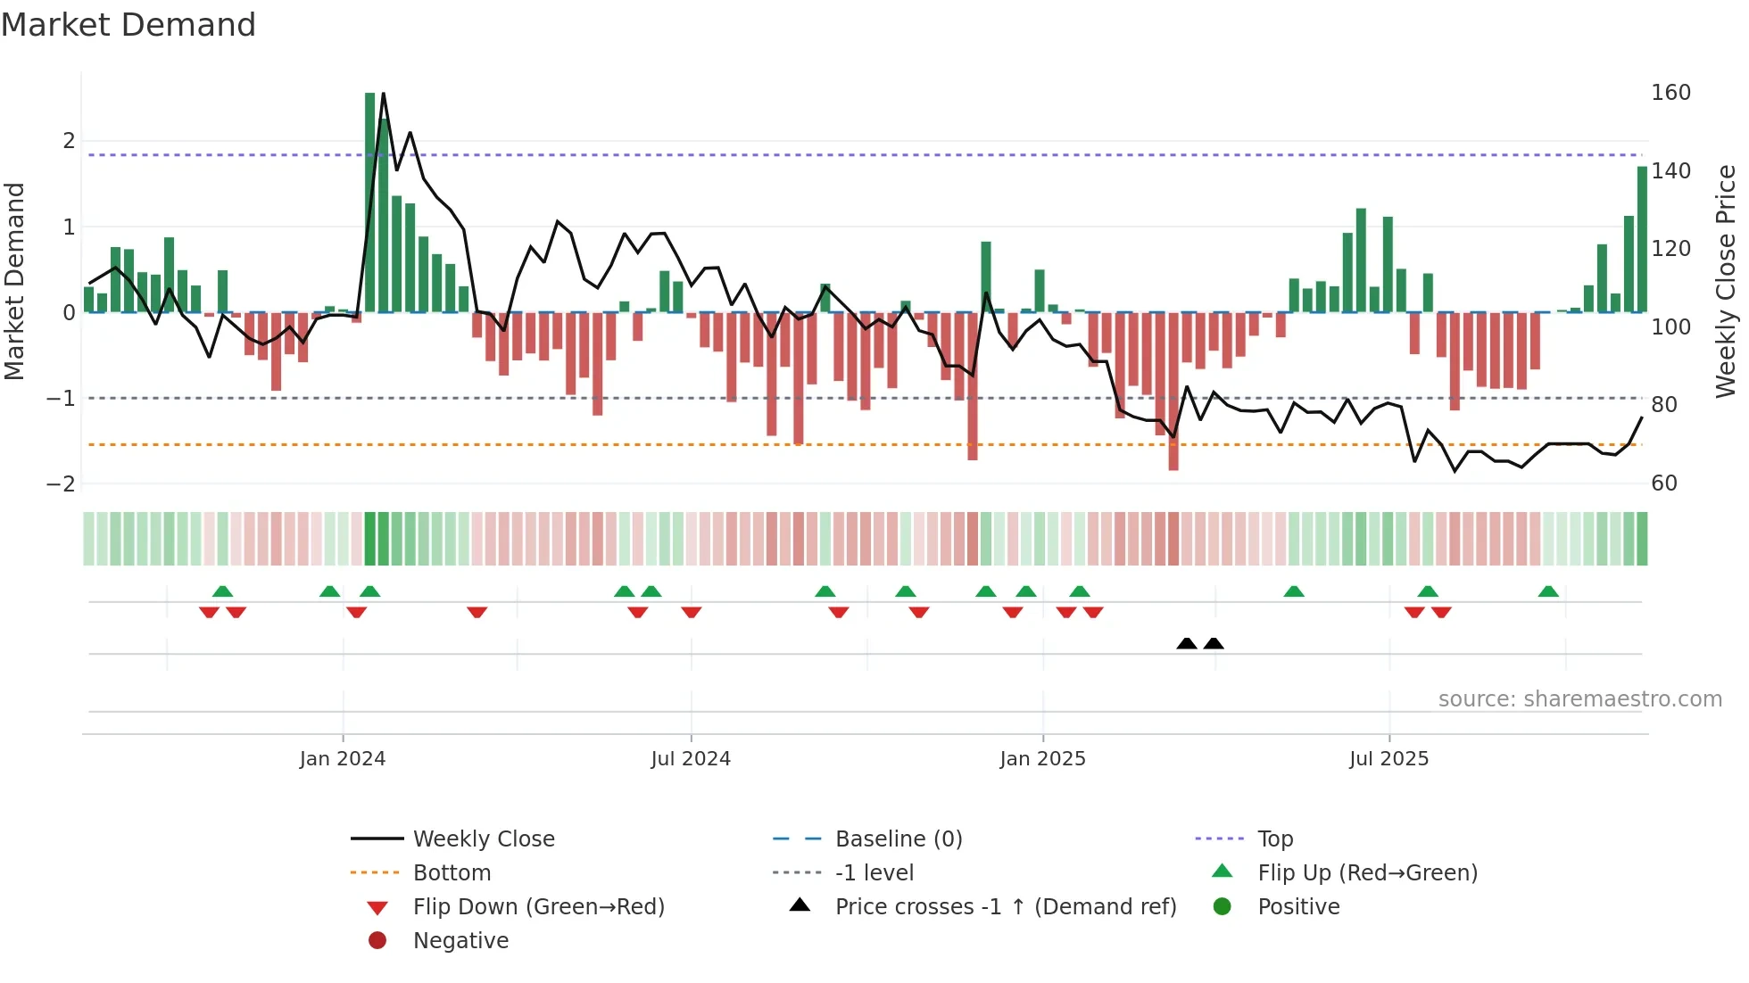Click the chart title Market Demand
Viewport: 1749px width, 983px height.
(128, 25)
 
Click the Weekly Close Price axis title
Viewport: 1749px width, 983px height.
(1726, 281)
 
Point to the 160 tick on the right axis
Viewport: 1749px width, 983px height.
(1670, 93)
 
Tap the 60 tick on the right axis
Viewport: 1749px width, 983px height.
(1664, 483)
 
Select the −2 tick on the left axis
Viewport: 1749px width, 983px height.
(61, 484)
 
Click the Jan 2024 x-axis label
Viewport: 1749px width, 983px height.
(343, 759)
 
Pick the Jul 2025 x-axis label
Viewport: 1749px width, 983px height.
(1388, 759)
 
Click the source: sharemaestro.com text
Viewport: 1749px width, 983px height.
(1579, 699)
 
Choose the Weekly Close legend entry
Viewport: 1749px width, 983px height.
(483, 839)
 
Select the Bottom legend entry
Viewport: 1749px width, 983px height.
(452, 873)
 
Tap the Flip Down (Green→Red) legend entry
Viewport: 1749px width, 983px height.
(538, 907)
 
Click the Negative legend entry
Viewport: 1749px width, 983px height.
(460, 941)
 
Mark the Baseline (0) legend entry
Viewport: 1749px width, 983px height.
(898, 839)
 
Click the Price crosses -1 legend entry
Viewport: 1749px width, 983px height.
(1005, 907)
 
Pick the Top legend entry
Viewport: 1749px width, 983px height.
(1274, 839)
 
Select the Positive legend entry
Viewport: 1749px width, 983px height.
(1298, 907)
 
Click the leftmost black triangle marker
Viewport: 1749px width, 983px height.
(1187, 643)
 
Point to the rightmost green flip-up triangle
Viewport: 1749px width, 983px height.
(1548, 591)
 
